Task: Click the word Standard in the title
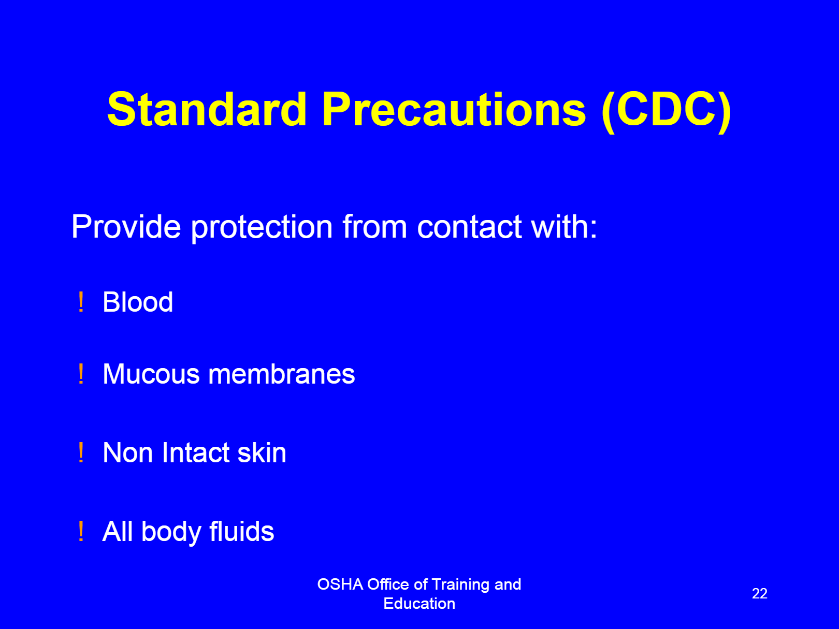[207, 109]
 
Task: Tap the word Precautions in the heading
[454, 109]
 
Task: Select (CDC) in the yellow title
[666, 111]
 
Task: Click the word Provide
[126, 226]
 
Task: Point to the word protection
[262, 228]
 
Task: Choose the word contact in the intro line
[469, 227]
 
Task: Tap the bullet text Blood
[138, 302]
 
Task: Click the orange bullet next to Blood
[81, 302]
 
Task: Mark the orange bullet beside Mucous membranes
[81, 373]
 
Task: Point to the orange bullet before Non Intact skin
[81, 452]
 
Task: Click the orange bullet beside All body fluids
[81, 531]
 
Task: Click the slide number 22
[759, 593]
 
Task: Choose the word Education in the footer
[419, 604]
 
